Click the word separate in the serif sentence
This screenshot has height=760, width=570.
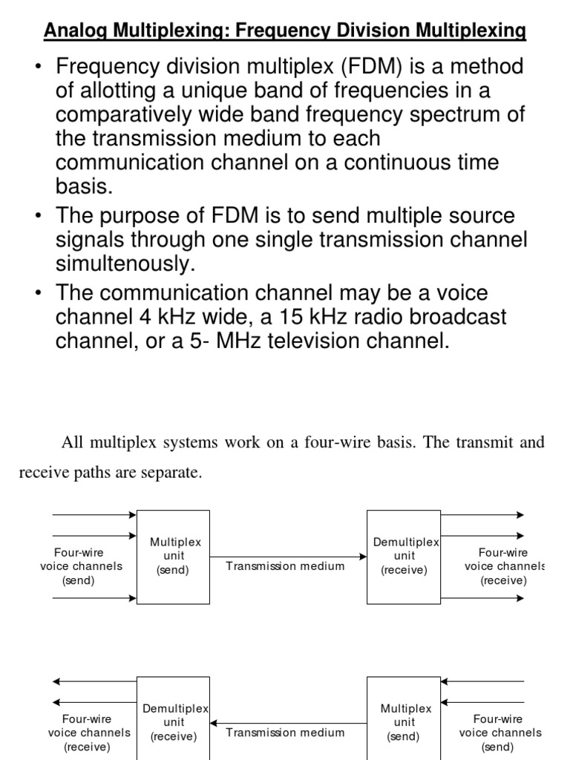point(172,474)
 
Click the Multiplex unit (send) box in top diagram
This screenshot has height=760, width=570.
point(173,557)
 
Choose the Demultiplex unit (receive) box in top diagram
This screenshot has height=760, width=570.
point(404,557)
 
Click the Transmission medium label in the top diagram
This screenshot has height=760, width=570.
point(285,566)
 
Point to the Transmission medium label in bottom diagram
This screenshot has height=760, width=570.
point(285,733)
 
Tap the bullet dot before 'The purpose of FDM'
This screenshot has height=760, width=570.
point(38,217)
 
